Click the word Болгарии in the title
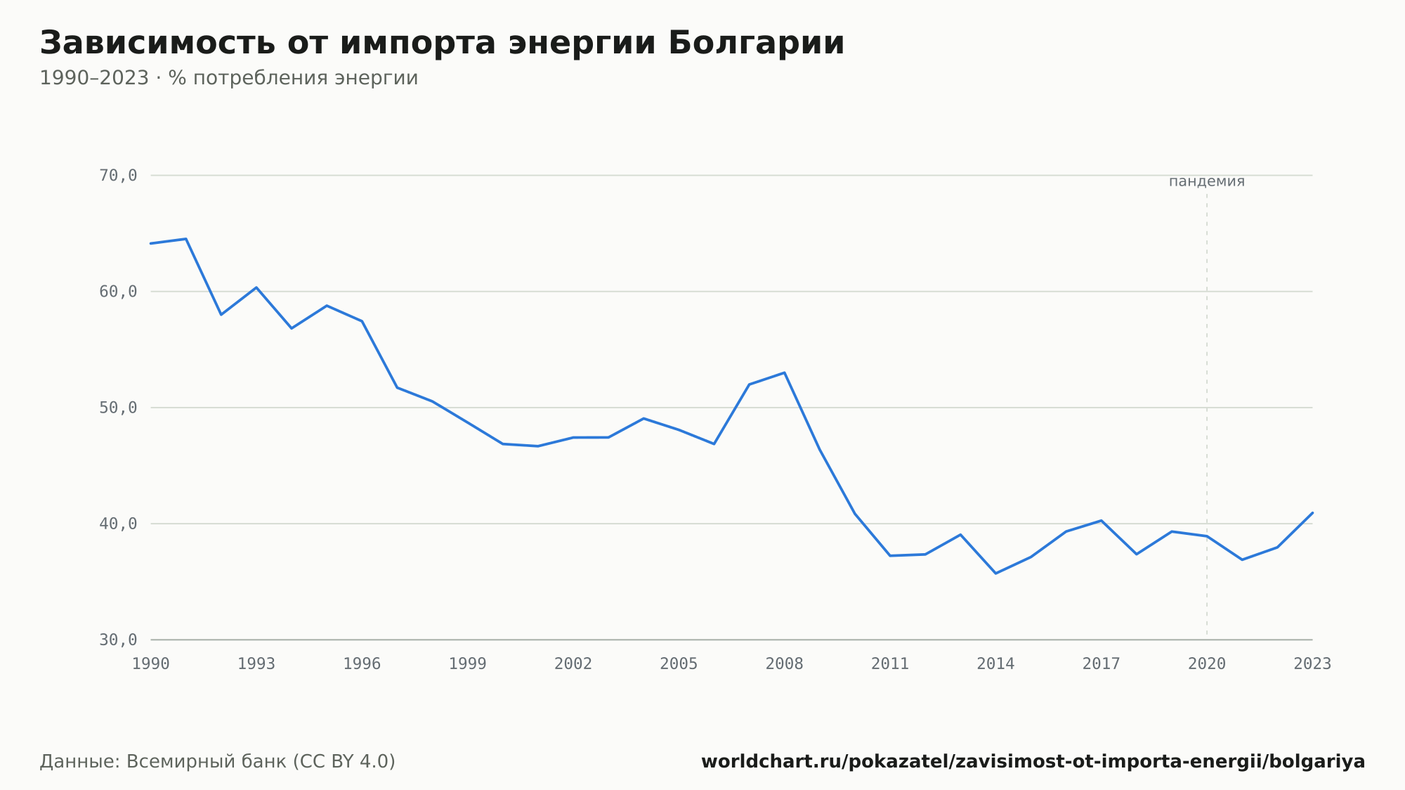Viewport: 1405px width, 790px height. pos(756,43)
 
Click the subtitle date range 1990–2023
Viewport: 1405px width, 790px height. pos(94,78)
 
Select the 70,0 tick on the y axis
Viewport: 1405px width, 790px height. pos(118,176)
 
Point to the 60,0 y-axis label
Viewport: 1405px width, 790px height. pos(118,292)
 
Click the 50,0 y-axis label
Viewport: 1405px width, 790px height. pos(118,408)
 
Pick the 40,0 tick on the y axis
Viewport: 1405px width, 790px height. pos(118,524)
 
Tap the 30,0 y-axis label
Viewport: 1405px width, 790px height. pos(118,640)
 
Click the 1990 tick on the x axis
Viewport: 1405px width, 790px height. pos(151,664)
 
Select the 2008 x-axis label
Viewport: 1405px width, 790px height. pos(785,664)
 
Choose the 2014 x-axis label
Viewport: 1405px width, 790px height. pos(995,664)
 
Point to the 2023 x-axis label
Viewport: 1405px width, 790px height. pos(1312,664)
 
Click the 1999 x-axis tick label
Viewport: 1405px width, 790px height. pos(468,664)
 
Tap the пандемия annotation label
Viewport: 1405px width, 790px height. pos(1207,181)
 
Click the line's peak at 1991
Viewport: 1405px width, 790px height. pos(186,239)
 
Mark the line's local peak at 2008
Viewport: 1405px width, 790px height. pos(784,373)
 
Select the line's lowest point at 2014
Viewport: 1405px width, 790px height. pos(995,574)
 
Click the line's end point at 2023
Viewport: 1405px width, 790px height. pos(1312,512)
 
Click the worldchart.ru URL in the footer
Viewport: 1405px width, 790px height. pos(1033,762)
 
